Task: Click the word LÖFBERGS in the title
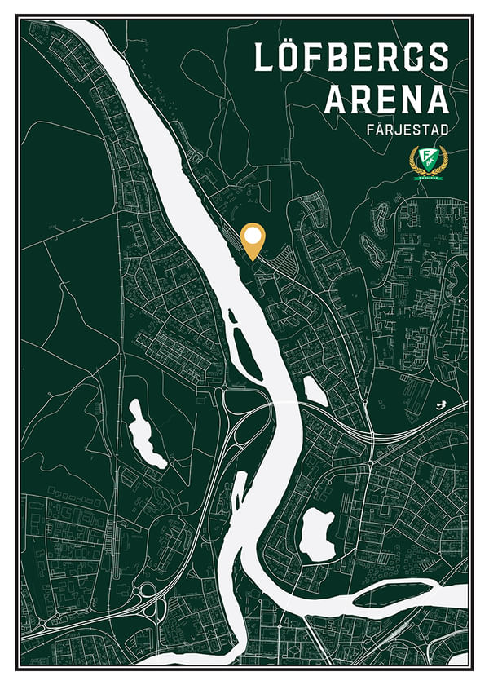point(351,58)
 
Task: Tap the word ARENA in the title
point(386,99)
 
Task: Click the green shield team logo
point(426,160)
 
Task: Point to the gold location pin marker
point(254,242)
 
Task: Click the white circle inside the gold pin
point(254,237)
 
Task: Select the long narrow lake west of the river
point(145,432)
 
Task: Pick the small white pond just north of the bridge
point(316,391)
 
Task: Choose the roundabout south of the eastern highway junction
point(370,463)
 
